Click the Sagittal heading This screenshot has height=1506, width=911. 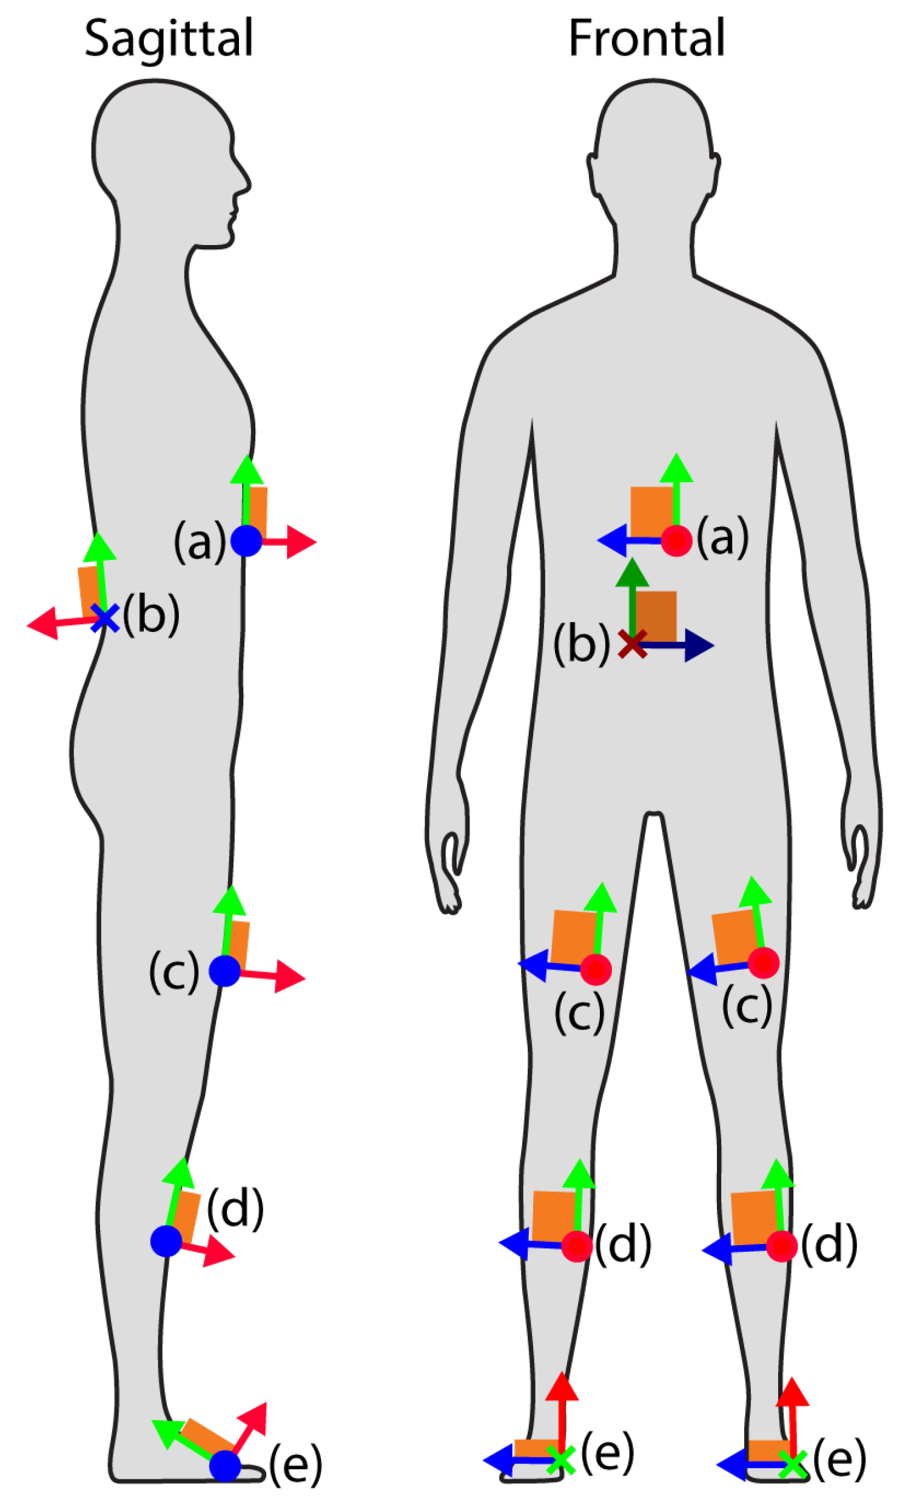[x=168, y=38]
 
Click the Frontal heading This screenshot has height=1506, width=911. [x=646, y=38]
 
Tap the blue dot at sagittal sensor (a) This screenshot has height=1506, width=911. [x=246, y=540]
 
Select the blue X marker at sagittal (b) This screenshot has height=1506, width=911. [x=105, y=618]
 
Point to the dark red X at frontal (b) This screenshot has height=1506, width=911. [x=633, y=644]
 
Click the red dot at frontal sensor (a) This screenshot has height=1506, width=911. [x=676, y=540]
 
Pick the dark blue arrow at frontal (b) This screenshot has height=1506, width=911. [x=678, y=645]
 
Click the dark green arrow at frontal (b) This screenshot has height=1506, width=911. [x=632, y=596]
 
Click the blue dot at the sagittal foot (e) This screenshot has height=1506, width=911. [x=225, y=1465]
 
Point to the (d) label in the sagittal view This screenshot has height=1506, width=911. [x=235, y=1208]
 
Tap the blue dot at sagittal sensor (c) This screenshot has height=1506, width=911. [x=224, y=970]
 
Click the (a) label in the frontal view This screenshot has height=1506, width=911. [x=722, y=537]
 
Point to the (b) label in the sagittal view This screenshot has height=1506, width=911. [x=151, y=615]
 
